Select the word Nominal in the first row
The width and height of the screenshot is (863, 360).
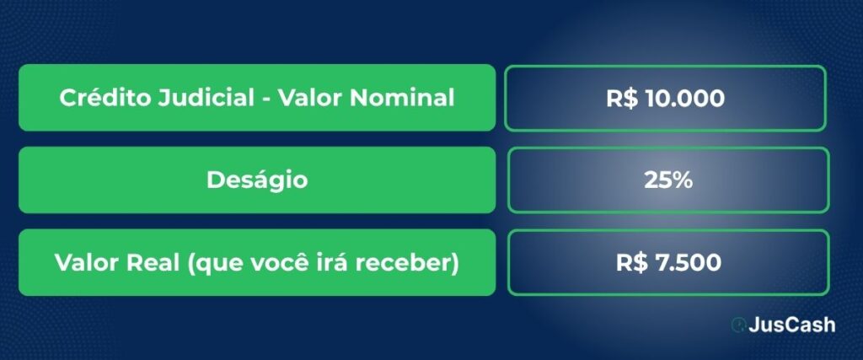(x=402, y=98)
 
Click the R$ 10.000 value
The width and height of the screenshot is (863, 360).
(x=666, y=99)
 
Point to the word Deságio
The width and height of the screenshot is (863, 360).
(x=257, y=180)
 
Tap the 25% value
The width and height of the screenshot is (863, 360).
(x=668, y=180)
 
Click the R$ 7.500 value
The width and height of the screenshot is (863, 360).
(x=668, y=262)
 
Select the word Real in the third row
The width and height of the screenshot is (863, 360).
(x=153, y=262)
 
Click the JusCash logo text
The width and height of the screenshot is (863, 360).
(x=791, y=325)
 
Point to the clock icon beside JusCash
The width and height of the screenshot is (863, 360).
(x=738, y=325)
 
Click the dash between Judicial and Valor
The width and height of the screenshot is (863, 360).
(x=266, y=100)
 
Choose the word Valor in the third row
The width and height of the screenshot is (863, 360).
(x=87, y=262)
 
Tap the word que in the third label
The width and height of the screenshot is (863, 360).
(x=217, y=264)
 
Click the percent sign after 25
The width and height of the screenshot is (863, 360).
(x=682, y=180)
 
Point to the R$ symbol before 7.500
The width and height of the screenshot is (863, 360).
(x=632, y=262)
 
